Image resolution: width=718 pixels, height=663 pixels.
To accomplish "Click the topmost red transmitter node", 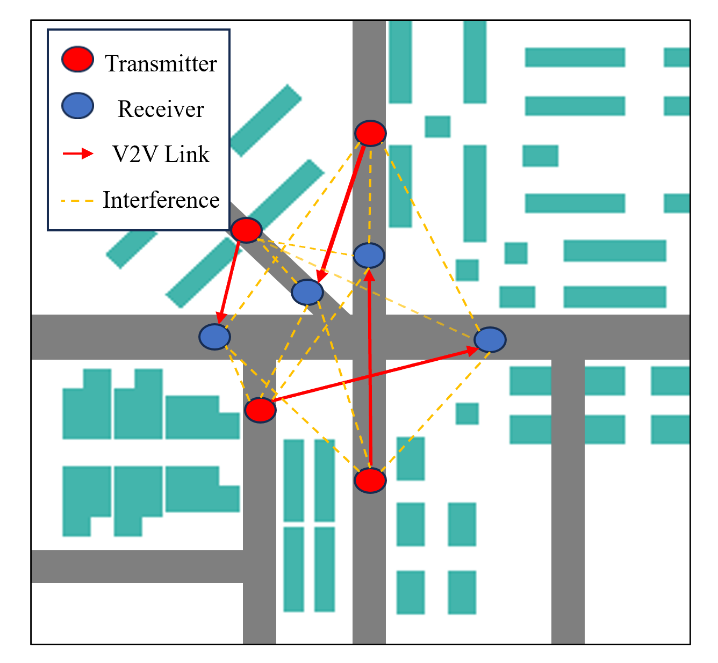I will (x=370, y=133).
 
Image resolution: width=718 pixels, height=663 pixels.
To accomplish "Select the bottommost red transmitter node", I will (x=370, y=479).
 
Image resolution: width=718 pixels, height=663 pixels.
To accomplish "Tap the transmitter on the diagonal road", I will (x=246, y=230).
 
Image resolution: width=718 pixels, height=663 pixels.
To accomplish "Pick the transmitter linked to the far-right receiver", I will (x=260, y=410).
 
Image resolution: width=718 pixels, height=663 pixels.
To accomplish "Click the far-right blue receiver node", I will (x=490, y=340).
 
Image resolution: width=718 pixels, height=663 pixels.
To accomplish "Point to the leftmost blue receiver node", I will (x=215, y=337).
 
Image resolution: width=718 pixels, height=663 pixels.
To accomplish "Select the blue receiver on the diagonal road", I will (x=307, y=292).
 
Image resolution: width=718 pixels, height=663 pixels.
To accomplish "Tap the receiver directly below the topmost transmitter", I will (x=369, y=255).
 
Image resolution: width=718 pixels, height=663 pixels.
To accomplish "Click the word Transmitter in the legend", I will (x=161, y=63).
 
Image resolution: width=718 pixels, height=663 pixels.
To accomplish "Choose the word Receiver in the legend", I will (x=161, y=109).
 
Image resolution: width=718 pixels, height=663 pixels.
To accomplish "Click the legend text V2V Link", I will (x=161, y=155).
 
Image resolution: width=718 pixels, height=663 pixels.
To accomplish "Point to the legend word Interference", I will (x=161, y=200).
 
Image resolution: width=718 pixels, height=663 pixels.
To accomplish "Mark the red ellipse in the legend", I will (x=78, y=60).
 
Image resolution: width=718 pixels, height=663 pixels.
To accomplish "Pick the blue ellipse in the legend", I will (x=78, y=105).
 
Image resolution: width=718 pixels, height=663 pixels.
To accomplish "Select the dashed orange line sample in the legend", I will (x=78, y=201).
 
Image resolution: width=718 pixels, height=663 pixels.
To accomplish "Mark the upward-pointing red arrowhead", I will (x=369, y=274).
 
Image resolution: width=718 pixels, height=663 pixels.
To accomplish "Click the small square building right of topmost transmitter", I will (x=437, y=127).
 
